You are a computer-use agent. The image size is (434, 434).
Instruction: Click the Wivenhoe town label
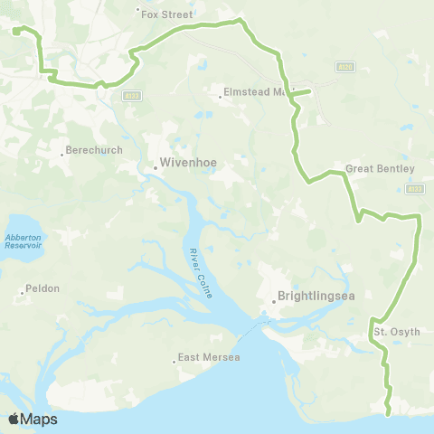[186, 165]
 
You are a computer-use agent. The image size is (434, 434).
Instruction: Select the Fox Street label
[169, 14]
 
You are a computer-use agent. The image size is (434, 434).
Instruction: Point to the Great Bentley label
[380, 169]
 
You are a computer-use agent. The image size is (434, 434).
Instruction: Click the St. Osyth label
[397, 332]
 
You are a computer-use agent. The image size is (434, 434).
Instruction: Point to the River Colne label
[198, 263]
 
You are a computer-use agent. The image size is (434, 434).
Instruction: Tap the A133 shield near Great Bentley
[414, 189]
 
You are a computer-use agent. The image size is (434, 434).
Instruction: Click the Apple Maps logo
[33, 419]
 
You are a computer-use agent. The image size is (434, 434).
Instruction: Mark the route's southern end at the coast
[388, 414]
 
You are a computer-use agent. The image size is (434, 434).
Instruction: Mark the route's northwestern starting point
[16, 30]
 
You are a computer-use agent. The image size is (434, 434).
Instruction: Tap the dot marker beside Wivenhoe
[154, 165]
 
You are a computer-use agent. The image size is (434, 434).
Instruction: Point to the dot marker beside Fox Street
[137, 11]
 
